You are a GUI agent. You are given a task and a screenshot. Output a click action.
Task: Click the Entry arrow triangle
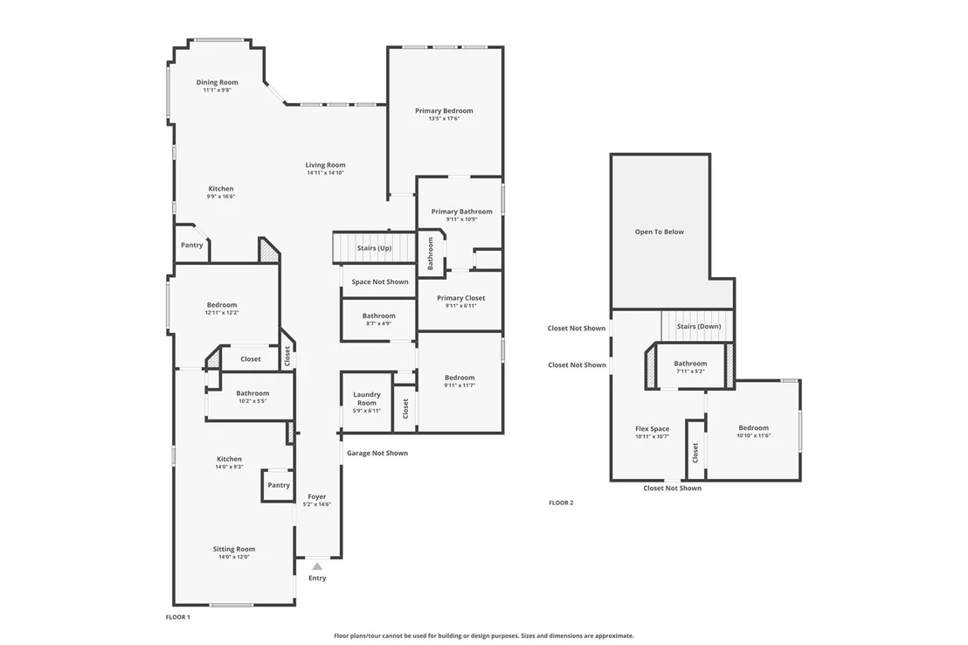[317, 566]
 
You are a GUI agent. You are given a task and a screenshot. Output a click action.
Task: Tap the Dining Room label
[218, 82]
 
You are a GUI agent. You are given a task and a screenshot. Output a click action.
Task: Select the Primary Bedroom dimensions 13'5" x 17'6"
[444, 119]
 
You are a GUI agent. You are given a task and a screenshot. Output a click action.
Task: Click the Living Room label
[325, 165]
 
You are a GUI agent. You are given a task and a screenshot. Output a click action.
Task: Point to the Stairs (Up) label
[374, 248]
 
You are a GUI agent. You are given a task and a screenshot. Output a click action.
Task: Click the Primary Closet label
[461, 298]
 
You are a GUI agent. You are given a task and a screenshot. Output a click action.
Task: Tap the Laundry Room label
[367, 399]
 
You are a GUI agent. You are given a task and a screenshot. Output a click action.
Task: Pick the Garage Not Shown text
[377, 453]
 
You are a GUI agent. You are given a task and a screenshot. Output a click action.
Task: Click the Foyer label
[317, 496]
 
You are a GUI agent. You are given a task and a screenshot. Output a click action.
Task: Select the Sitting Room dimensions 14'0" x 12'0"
[234, 557]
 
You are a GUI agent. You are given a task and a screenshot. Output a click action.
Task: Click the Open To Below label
[660, 232]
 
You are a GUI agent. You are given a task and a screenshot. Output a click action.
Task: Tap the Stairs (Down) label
[699, 326]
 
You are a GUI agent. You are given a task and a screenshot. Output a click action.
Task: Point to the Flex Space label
[652, 429]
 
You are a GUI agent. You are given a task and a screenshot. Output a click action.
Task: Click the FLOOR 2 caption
[561, 503]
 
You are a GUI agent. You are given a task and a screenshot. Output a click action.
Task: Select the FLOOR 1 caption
[178, 617]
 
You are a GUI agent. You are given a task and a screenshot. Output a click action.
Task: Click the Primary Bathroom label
[462, 212]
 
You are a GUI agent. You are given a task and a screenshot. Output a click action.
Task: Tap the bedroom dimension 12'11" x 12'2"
[222, 313]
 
